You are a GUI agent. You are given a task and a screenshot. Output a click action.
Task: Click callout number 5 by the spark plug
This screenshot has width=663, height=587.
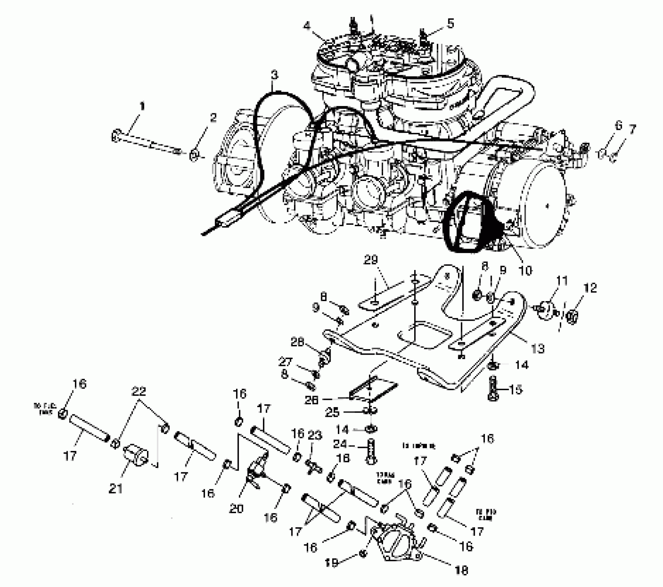[450, 23]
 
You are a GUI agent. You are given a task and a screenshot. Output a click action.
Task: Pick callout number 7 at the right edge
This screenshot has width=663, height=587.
[632, 129]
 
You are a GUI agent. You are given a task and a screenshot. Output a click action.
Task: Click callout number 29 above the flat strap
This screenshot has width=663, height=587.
[371, 260]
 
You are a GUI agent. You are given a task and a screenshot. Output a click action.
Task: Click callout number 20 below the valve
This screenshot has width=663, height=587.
[236, 508]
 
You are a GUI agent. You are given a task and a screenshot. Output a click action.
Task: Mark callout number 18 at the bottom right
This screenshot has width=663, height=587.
[462, 571]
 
